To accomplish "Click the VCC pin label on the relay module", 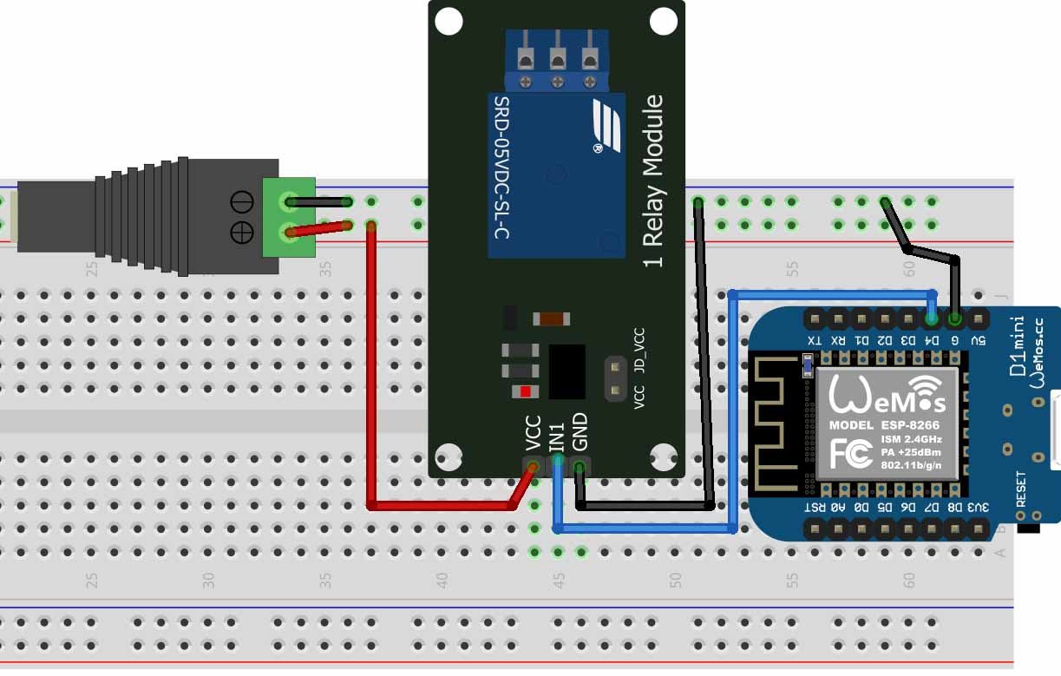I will pos(533,433).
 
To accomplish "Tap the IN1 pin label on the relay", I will pos(557,436).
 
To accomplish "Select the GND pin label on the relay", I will pos(580,432).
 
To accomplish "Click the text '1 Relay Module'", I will pos(653,181).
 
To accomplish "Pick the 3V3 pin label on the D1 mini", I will pos(978,507).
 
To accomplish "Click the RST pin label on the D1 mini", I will pos(814,507).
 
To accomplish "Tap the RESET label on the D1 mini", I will pos(1021,489).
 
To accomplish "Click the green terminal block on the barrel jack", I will pos(289,217).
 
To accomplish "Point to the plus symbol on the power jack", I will pos(242,233).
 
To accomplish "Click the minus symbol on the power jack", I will pos(242,203).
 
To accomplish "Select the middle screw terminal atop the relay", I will pos(557,59).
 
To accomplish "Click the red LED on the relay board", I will pos(525,391).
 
